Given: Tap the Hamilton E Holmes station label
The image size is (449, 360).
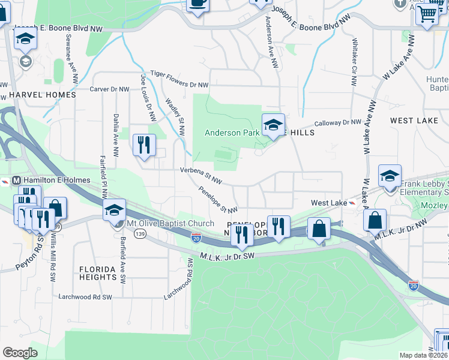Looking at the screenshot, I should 56,180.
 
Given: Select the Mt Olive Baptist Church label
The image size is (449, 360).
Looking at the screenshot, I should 169,224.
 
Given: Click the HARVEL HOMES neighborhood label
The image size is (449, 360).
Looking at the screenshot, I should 42,95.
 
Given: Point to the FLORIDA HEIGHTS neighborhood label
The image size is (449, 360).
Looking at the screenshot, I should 97,273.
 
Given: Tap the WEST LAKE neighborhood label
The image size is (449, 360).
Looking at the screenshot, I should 414,121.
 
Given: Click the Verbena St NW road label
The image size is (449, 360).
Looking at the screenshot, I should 202,175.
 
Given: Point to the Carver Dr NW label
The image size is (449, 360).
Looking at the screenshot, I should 109,89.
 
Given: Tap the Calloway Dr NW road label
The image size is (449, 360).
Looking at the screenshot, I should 338,122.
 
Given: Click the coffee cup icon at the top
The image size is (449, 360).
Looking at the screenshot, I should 197,3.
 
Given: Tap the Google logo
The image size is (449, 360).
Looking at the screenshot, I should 20,353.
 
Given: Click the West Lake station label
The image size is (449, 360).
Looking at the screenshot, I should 328,203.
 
